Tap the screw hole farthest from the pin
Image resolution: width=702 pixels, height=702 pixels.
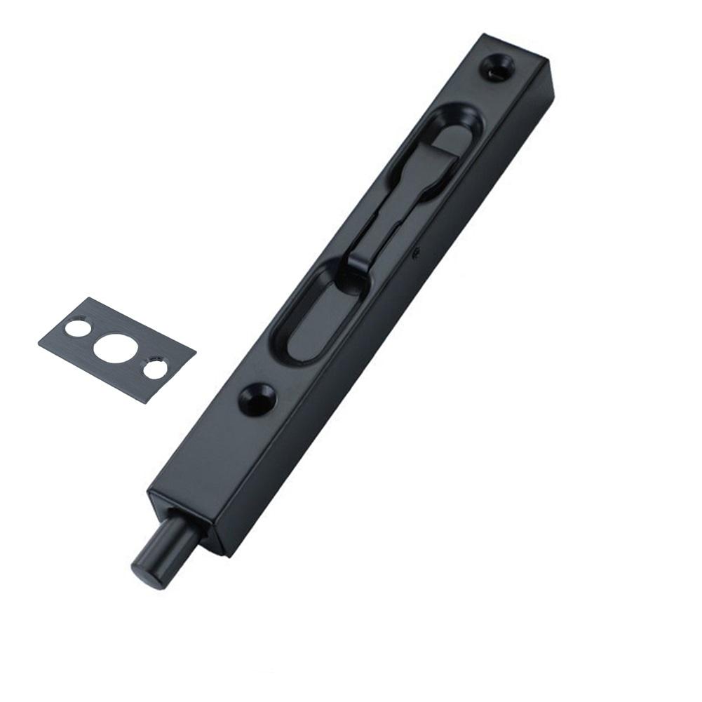pyautogui.click(x=497, y=67)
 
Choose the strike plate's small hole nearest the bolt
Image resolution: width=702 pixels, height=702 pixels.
pyautogui.click(x=155, y=369)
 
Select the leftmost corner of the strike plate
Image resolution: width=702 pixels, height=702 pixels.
pyautogui.click(x=39, y=342)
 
